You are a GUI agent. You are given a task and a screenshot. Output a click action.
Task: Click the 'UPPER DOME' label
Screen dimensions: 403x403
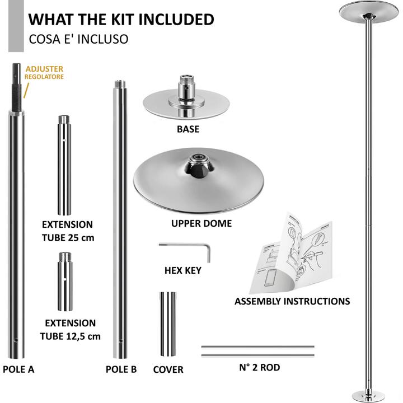pyautogui.click(x=201, y=223)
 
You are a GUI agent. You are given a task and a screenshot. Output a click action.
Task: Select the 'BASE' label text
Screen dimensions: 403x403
pyautogui.click(x=188, y=129)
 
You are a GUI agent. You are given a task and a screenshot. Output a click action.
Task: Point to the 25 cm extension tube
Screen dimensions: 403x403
pyautogui.click(x=64, y=165)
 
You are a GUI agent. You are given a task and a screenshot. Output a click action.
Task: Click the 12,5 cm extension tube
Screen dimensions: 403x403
pyautogui.click(x=65, y=282)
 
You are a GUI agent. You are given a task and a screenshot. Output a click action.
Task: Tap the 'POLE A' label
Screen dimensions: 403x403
pyautogui.click(x=18, y=369)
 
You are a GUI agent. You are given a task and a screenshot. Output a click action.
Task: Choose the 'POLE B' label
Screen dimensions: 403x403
pyautogui.click(x=121, y=369)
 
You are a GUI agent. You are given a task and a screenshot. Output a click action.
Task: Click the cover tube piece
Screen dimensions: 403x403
pyautogui.click(x=168, y=324)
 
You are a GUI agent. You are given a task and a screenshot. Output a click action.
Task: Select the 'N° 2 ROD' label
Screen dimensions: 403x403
pyautogui.click(x=259, y=367)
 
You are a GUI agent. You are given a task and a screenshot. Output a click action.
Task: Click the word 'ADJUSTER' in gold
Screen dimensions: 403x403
pyautogui.click(x=44, y=69)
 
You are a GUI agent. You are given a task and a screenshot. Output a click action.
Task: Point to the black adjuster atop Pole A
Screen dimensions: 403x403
pyautogui.click(x=17, y=87)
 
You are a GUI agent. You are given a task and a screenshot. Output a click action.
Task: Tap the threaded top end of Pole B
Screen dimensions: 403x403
pyautogui.click(x=120, y=84)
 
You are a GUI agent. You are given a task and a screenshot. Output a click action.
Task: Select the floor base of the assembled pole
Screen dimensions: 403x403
pyautogui.click(x=368, y=396)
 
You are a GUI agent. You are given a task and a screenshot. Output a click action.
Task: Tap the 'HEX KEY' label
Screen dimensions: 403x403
pyautogui.click(x=182, y=270)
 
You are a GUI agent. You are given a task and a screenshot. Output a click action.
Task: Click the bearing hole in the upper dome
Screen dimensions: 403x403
pyautogui.click(x=198, y=157)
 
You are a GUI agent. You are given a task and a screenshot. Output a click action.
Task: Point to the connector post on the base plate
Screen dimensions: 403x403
pyautogui.click(x=187, y=88)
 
